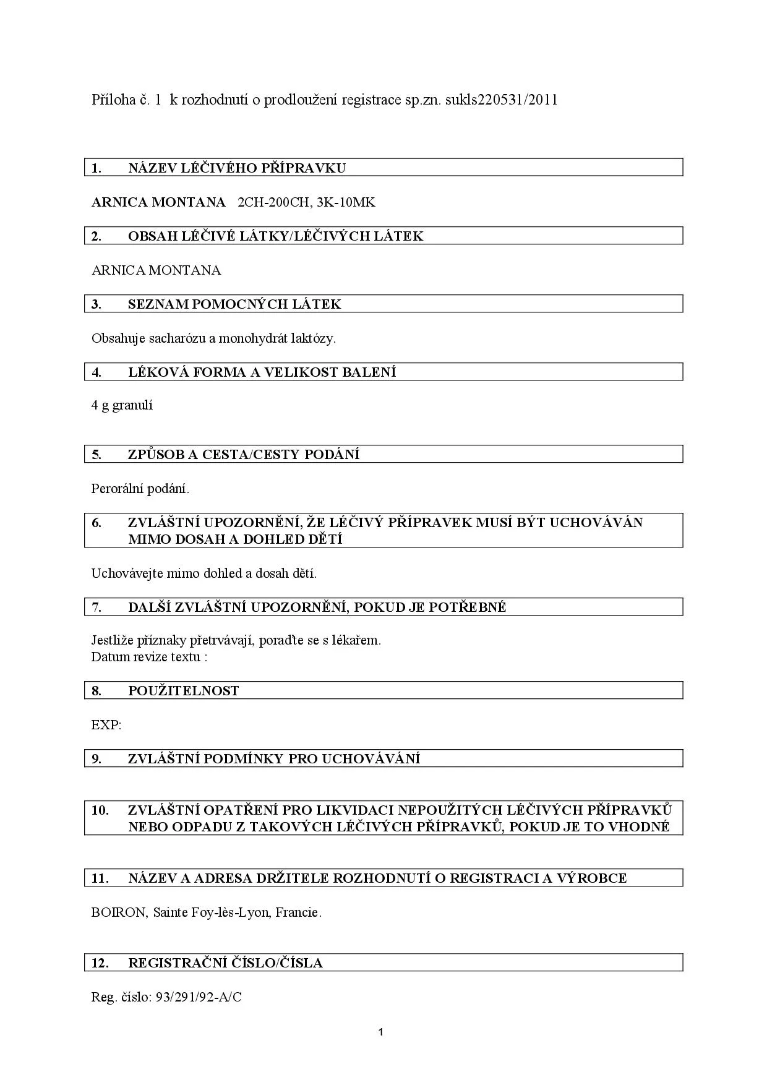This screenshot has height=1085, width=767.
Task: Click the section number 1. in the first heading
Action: click(x=96, y=168)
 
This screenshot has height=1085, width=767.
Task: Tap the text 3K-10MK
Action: click(x=350, y=202)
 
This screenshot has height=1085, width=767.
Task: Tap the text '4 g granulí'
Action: click(x=122, y=406)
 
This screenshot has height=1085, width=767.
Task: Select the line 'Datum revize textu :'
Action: click(x=149, y=657)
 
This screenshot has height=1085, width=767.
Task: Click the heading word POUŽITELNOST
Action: click(x=183, y=691)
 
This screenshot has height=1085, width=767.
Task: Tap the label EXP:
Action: click(x=106, y=725)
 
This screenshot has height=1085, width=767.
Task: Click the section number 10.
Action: click(x=100, y=810)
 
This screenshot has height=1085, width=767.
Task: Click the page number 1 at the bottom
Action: click(x=380, y=1032)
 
